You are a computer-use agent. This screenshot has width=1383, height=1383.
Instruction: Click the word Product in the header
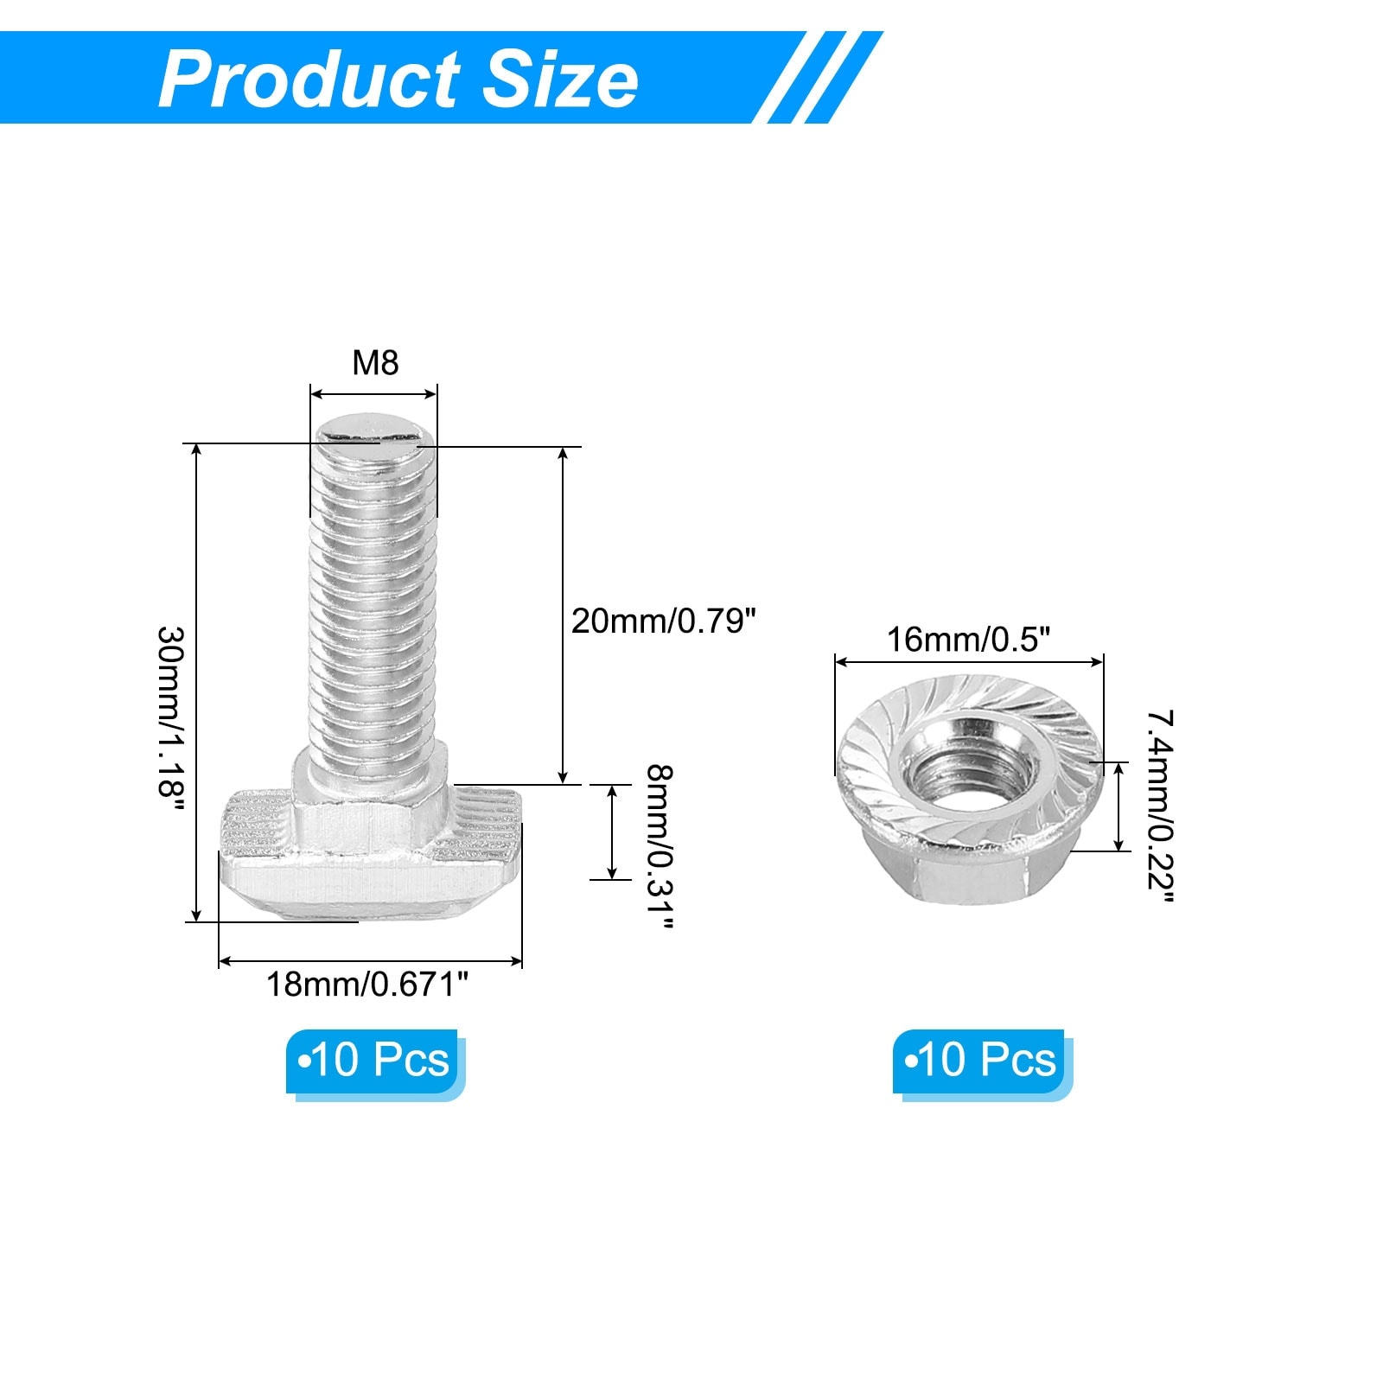point(309,80)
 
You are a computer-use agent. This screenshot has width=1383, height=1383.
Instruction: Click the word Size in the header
point(560,80)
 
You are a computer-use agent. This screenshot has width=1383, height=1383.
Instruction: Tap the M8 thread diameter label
point(375,363)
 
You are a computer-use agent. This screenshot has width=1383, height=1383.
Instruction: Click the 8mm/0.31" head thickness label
point(659,847)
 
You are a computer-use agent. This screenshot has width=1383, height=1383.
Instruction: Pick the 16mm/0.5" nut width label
point(969,640)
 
